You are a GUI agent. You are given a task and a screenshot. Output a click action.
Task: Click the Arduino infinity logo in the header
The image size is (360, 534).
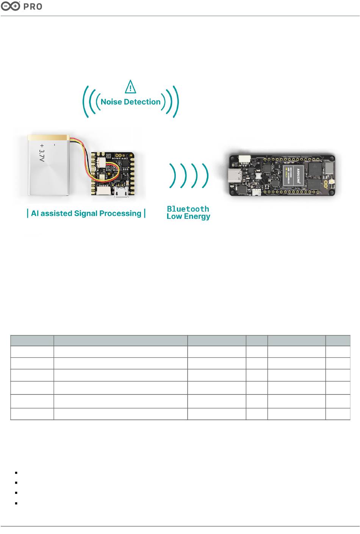pyautogui.click(x=10, y=6)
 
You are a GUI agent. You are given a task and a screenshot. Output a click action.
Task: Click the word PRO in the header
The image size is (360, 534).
pyautogui.click(x=33, y=7)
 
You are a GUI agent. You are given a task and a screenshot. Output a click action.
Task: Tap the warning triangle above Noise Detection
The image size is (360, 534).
pyautogui.click(x=130, y=87)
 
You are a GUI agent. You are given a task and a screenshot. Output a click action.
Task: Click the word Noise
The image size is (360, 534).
pyautogui.click(x=111, y=102)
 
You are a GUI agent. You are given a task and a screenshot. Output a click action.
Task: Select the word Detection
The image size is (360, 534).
pyautogui.click(x=142, y=102)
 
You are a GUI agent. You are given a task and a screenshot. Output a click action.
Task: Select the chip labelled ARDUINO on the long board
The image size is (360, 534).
pyautogui.click(x=296, y=175)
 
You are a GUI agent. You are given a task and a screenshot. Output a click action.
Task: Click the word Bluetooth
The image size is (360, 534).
pyautogui.click(x=188, y=209)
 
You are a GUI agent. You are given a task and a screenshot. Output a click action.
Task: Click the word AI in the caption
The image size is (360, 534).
pyautogui.click(x=35, y=214)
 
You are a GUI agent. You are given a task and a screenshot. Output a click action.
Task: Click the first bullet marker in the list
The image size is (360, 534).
pyautogui.click(x=17, y=473)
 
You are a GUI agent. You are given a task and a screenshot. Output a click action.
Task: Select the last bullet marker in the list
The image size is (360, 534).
pyautogui.click(x=17, y=503)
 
